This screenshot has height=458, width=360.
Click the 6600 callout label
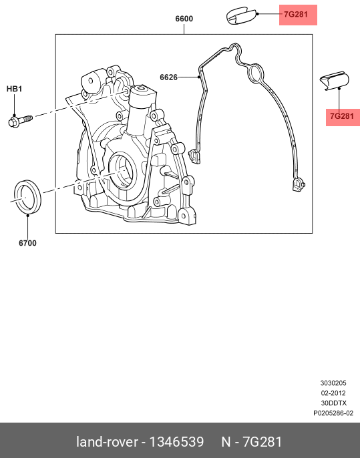[x=184, y=19]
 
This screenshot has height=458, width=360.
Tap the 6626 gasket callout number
[x=168, y=77]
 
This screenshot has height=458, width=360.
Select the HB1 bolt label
[x=14, y=89]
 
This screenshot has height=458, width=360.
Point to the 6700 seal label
[x=28, y=243]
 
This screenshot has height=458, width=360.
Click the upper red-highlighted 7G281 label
[x=296, y=14]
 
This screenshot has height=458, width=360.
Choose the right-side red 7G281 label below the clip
[x=342, y=116]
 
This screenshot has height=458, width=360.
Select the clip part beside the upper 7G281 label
[x=241, y=16]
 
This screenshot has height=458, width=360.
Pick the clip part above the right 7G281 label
[x=335, y=81]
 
